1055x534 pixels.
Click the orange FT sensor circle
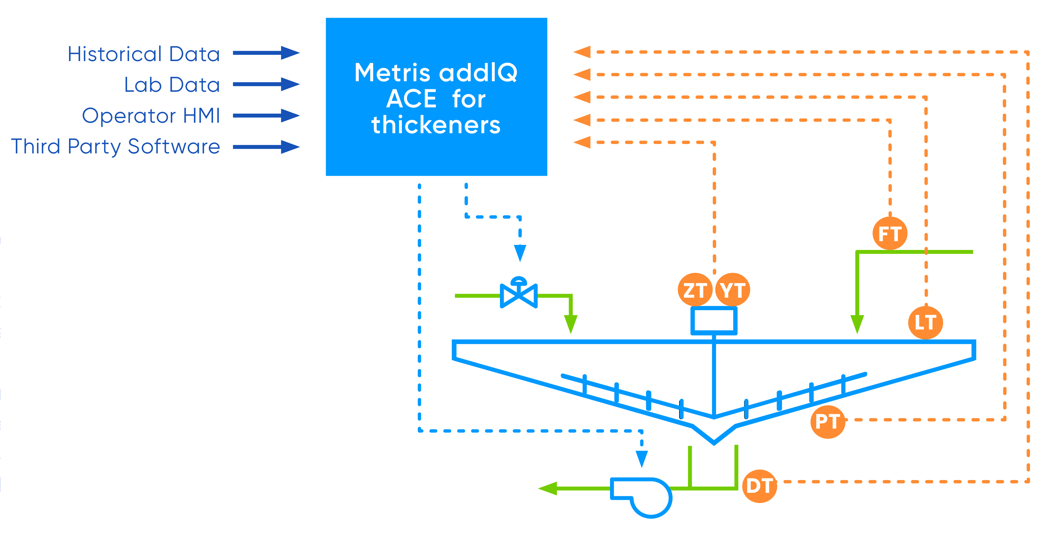pyautogui.click(x=890, y=234)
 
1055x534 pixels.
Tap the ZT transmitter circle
pyautogui.click(x=695, y=290)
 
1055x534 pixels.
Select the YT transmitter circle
pyautogui.click(x=733, y=290)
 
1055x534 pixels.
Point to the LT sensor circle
pyautogui.click(x=925, y=322)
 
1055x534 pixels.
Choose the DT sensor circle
pyautogui.click(x=760, y=486)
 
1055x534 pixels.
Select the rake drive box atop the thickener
pyautogui.click(x=714, y=321)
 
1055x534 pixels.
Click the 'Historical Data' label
pyautogui.click(x=144, y=54)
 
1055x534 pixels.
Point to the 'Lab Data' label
pyautogui.click(x=172, y=85)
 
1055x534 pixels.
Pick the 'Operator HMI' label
pyautogui.click(x=151, y=116)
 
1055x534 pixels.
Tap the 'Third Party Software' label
pyautogui.click(x=116, y=147)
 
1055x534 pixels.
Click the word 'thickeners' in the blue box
pyautogui.click(x=436, y=125)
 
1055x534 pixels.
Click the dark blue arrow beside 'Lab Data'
pyautogui.click(x=266, y=84)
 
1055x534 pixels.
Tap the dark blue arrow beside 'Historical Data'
pyautogui.click(x=266, y=53)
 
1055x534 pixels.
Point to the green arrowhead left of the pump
pyautogui.click(x=548, y=488)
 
